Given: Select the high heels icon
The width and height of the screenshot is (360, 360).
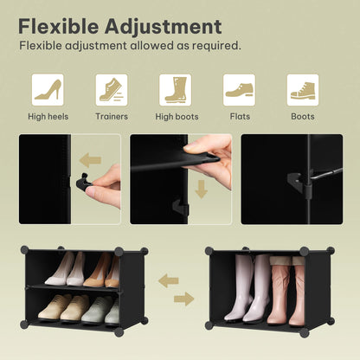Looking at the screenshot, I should click(48, 89).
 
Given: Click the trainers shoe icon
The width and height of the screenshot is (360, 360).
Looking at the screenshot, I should click(111, 89).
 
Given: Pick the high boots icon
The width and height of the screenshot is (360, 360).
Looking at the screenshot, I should click(175, 89).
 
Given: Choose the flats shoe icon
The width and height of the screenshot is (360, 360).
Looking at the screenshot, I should click(239, 89).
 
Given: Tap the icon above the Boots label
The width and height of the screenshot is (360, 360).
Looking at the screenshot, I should click(302, 89).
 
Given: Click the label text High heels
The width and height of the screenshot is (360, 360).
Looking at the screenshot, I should click(48, 116).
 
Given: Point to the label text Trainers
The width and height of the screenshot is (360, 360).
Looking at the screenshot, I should click(111, 116).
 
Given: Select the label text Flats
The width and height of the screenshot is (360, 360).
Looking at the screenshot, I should click(239, 116).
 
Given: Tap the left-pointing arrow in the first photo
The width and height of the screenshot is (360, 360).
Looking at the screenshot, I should click(90, 159).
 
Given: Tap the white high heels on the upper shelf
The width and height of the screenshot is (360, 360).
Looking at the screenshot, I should click(65, 270).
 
